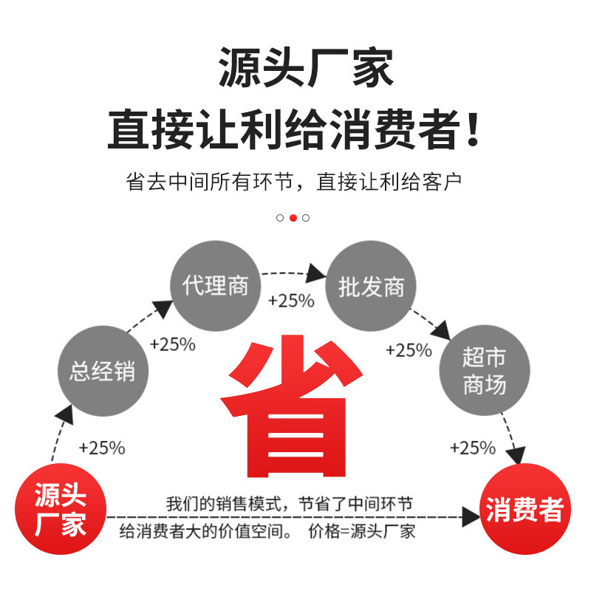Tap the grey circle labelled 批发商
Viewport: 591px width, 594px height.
(x=371, y=286)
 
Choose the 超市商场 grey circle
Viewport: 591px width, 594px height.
(x=484, y=371)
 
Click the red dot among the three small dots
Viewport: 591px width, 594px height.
(x=293, y=218)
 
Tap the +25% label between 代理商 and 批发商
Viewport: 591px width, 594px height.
(x=291, y=301)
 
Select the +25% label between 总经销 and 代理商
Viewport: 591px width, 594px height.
(x=172, y=344)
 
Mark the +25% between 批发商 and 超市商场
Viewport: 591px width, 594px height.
(x=409, y=349)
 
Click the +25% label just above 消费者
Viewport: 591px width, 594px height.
(x=473, y=448)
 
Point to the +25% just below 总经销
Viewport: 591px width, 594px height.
(x=102, y=448)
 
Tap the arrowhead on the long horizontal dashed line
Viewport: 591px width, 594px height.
(x=471, y=516)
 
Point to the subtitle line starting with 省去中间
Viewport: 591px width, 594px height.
(x=295, y=181)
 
